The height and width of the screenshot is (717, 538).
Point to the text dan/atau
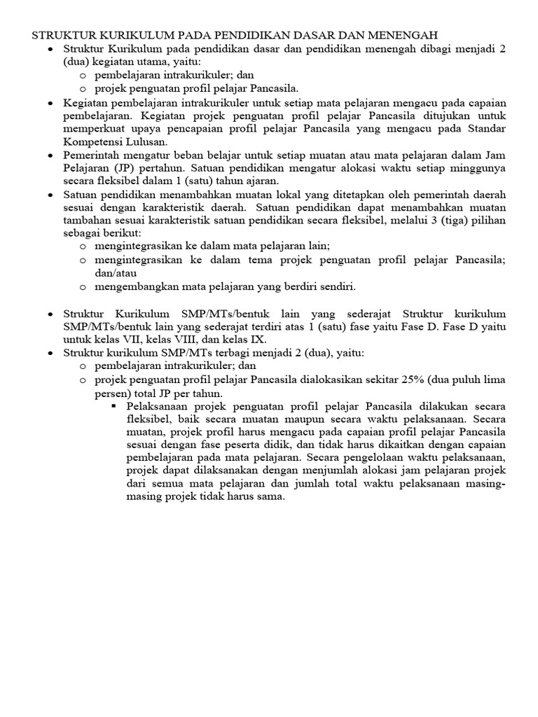coord(116,273)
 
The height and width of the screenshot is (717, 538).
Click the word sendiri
coord(337,286)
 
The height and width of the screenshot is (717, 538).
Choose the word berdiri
coord(296,286)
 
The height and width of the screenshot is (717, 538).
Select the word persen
coord(111,393)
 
